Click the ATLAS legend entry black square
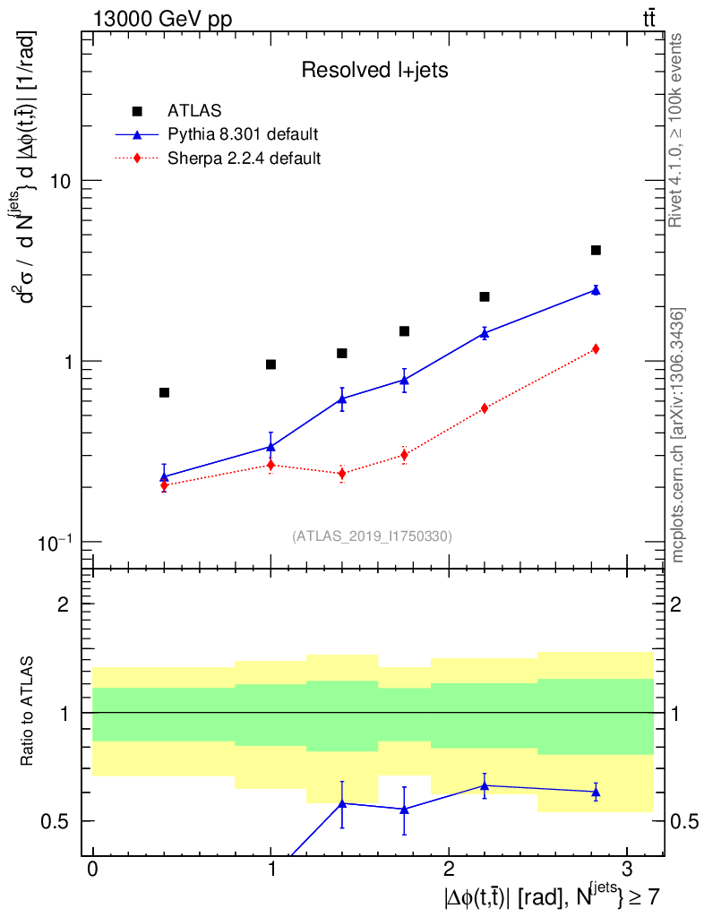point(137,111)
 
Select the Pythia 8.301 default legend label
point(243,135)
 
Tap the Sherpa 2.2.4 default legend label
point(245,159)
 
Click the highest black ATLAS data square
point(596,250)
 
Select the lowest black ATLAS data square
point(164,392)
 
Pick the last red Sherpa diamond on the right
point(596,348)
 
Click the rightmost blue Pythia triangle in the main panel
point(596,290)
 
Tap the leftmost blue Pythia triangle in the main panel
point(164,476)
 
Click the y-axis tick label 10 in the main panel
point(61,181)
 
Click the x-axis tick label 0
point(92,870)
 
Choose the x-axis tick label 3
point(625,870)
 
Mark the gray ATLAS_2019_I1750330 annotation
point(372,536)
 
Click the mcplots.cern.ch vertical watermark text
point(678,435)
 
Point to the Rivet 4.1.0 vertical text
point(678,130)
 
